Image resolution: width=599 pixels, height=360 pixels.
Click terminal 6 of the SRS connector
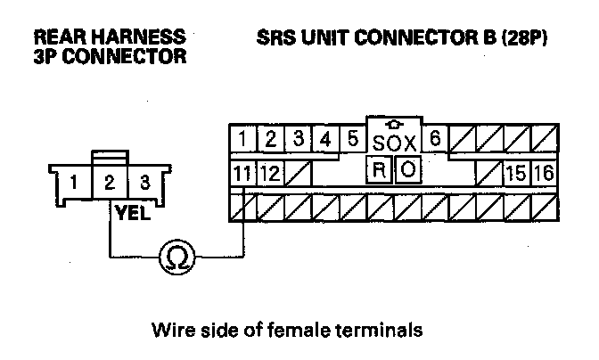[435, 139]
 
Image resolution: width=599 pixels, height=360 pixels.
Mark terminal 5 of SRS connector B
[353, 139]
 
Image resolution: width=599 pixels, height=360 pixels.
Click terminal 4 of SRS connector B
[326, 139]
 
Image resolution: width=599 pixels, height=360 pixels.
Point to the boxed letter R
[378, 169]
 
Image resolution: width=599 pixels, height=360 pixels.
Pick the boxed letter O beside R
[407, 169]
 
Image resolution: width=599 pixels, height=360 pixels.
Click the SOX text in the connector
[394, 143]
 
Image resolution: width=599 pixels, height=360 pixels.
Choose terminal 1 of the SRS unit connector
[242, 139]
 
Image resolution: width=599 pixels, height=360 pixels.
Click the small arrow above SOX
[393, 124]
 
